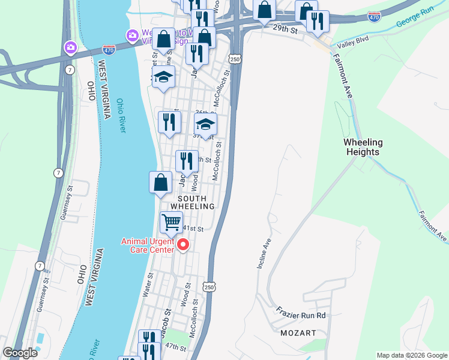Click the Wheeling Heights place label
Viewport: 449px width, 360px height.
363,147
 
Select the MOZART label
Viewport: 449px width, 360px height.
298,332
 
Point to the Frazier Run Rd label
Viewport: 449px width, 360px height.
301,315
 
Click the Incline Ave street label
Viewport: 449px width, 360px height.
265,253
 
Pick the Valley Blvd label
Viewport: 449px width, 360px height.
353,44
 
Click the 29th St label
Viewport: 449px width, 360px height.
285,28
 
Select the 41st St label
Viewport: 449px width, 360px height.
194,229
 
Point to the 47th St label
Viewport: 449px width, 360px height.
176,347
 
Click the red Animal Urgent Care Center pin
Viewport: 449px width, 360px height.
182,245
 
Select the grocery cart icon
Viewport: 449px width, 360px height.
172,223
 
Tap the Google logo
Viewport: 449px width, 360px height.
20,353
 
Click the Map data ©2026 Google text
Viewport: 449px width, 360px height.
411,355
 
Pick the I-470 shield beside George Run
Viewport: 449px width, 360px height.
374,16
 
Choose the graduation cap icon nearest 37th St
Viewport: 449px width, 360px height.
205,125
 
